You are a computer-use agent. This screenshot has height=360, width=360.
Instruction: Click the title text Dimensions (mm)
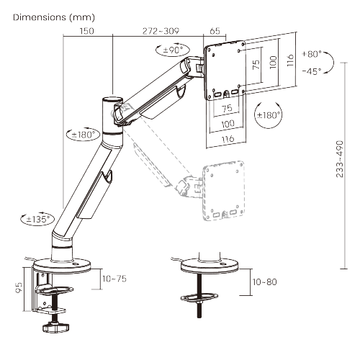click(x=54, y=17)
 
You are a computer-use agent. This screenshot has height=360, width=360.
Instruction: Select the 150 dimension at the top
click(x=86, y=31)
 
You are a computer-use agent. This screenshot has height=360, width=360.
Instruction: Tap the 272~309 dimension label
click(x=161, y=31)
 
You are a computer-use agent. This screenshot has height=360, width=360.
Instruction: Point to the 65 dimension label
click(x=215, y=31)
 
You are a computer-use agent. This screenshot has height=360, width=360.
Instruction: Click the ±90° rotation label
click(x=173, y=50)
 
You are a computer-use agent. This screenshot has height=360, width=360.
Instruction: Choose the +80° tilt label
click(x=312, y=54)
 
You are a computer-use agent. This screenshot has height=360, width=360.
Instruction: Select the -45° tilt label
click(x=312, y=71)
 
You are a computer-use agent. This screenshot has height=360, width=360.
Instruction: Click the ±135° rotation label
click(x=38, y=219)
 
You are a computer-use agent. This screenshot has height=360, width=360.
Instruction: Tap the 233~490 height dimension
click(x=340, y=159)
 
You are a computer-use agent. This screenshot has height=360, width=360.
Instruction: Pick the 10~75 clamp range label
click(x=114, y=279)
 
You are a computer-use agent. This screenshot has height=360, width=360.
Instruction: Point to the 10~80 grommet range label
click(x=265, y=282)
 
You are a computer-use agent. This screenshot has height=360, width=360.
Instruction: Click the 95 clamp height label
click(x=19, y=288)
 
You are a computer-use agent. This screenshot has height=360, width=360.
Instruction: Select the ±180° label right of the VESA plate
click(x=269, y=115)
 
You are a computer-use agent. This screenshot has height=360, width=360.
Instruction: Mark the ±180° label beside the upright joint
click(x=83, y=135)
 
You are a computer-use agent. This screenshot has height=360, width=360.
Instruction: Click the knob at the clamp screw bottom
click(x=55, y=328)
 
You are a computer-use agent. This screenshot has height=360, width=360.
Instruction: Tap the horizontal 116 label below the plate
click(x=228, y=139)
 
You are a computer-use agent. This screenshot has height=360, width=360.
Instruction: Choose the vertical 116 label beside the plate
click(x=290, y=60)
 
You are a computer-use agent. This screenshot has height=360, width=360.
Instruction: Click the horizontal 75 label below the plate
click(x=228, y=108)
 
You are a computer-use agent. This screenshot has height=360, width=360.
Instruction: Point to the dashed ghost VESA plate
click(x=223, y=190)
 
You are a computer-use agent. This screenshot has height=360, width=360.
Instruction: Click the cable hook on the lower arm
click(x=107, y=176)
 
